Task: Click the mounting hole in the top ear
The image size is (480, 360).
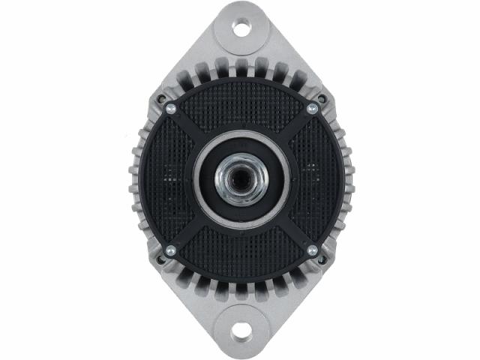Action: tap(241, 28)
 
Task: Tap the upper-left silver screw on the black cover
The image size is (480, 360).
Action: tap(170, 109)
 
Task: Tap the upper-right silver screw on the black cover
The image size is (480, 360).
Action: tap(312, 109)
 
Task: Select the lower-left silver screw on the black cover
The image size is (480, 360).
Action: tap(170, 250)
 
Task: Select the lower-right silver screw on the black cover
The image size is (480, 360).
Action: tap(312, 250)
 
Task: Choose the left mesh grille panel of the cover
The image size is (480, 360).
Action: tap(169, 180)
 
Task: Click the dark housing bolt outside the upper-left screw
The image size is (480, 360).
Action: tap(160, 98)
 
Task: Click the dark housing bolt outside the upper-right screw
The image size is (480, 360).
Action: tap(322, 98)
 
